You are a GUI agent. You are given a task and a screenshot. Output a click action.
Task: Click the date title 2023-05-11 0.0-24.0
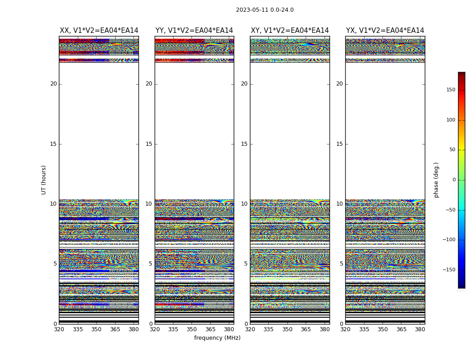tap(265, 10)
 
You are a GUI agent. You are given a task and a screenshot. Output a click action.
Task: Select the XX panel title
tap(99, 31)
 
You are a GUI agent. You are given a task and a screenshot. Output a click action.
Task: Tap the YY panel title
tap(194, 31)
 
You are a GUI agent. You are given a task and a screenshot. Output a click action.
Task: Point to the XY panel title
tap(289, 31)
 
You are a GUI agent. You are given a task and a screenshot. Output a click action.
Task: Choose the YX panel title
tap(385, 31)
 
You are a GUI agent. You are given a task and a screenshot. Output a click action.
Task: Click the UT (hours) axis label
tap(44, 180)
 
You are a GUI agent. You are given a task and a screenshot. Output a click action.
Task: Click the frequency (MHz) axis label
tap(217, 338)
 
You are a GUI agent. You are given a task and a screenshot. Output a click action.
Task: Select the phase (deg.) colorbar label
tap(436, 180)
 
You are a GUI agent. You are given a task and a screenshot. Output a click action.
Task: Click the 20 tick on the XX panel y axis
tap(53, 84)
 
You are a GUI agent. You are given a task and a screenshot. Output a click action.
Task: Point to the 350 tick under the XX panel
tap(96, 329)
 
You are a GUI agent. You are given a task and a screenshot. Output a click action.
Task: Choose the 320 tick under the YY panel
tap(155, 329)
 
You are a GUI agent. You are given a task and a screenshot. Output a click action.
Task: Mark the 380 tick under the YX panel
tap(420, 329)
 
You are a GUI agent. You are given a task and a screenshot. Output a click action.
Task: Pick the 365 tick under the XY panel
tap(306, 329)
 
